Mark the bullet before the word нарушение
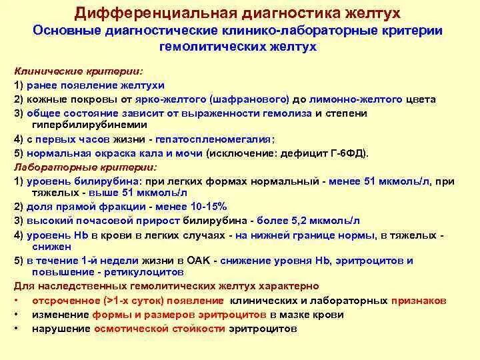(x=15, y=329)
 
